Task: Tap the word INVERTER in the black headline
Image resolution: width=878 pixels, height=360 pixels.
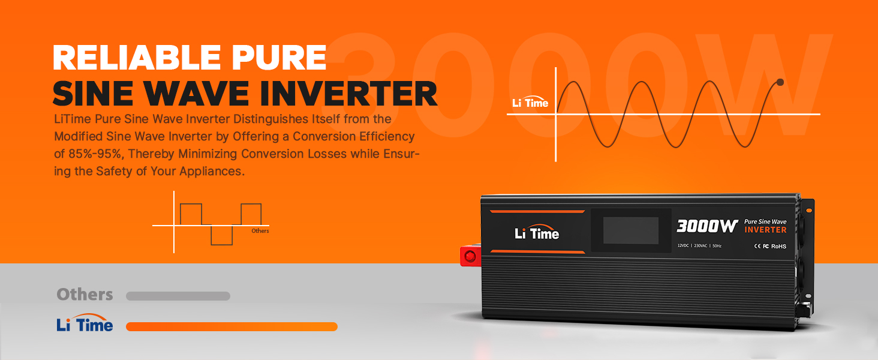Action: [348, 94]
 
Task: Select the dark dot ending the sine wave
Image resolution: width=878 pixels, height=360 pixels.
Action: [780, 82]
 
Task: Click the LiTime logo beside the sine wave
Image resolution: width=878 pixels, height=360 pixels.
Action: [530, 102]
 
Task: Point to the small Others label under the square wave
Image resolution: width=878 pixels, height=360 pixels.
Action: [260, 230]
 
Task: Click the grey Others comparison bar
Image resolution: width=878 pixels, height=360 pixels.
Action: [178, 296]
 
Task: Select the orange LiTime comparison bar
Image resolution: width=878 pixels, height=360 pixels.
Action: [231, 326]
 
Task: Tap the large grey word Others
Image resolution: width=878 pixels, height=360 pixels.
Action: [85, 295]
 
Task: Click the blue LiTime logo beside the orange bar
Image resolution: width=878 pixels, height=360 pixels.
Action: [85, 323]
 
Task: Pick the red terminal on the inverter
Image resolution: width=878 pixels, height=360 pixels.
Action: [470, 256]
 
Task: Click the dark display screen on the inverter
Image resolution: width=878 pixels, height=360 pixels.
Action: [631, 230]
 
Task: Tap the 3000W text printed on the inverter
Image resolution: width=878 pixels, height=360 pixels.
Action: [707, 226]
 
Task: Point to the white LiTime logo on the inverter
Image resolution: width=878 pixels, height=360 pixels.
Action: [537, 232]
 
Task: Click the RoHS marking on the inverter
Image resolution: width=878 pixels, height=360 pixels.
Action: [779, 246]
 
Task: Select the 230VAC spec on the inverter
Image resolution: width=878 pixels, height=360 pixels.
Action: [700, 246]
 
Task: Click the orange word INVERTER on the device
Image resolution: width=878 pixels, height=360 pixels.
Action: [765, 230]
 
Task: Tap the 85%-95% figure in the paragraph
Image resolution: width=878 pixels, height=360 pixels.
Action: [95, 154]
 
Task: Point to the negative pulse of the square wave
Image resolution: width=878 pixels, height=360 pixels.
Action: [222, 235]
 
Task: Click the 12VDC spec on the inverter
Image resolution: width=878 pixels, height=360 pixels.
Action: [683, 246]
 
